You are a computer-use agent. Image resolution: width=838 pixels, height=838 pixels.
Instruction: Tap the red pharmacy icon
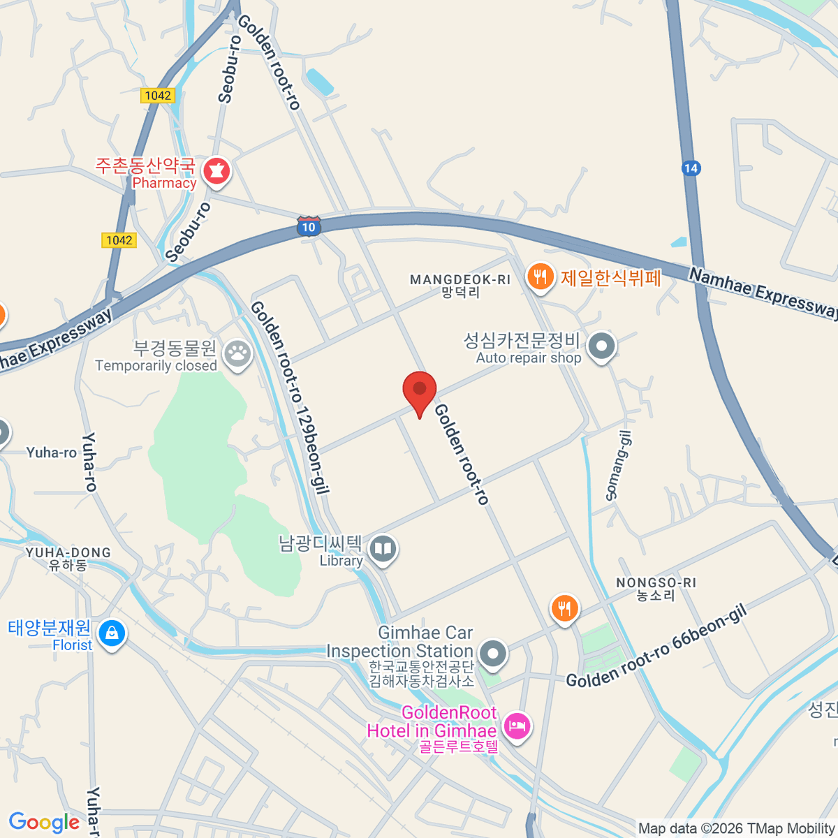pyautogui.click(x=216, y=171)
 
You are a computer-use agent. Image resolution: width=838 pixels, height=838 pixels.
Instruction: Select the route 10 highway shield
pyautogui.click(x=309, y=226)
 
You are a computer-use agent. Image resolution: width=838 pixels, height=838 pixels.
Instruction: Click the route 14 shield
pyautogui.click(x=690, y=168)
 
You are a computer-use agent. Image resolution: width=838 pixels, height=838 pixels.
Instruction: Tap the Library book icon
pyautogui.click(x=383, y=550)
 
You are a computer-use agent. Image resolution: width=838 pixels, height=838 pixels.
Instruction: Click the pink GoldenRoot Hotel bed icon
pyautogui.click(x=517, y=726)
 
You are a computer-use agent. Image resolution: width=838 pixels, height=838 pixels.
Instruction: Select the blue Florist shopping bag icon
pyautogui.click(x=112, y=633)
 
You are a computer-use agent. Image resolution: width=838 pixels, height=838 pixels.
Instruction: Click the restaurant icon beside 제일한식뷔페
pyautogui.click(x=540, y=277)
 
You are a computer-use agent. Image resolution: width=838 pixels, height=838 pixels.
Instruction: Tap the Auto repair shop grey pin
pyautogui.click(x=601, y=346)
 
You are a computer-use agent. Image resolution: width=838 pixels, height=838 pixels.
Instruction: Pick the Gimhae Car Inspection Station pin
pyautogui.click(x=494, y=654)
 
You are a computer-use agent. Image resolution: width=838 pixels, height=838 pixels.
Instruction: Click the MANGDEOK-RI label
pyautogui.click(x=460, y=280)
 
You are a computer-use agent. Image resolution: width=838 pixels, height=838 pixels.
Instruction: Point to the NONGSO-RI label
pyautogui.click(x=656, y=583)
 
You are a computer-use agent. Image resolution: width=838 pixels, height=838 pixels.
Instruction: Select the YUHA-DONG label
pyautogui.click(x=68, y=553)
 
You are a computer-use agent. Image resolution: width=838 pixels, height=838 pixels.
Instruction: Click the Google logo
pyautogui.click(x=44, y=822)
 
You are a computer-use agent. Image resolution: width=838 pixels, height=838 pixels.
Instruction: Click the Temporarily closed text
pyautogui.click(x=156, y=366)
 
